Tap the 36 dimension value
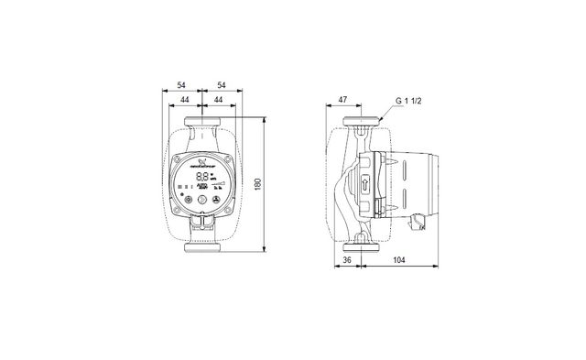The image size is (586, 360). pos(345,260)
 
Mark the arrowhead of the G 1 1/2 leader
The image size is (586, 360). pos(380,119)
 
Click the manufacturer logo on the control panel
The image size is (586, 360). pos(201,162)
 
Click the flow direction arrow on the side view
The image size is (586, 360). pos(364,183)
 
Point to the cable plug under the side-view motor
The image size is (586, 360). pos(419,221)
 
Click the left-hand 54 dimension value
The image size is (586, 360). pos(181,84)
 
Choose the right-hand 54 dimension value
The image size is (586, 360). pos(221,84)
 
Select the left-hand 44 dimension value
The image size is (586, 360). pos(185,99)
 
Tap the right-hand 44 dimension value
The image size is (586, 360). pos(218,99)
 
